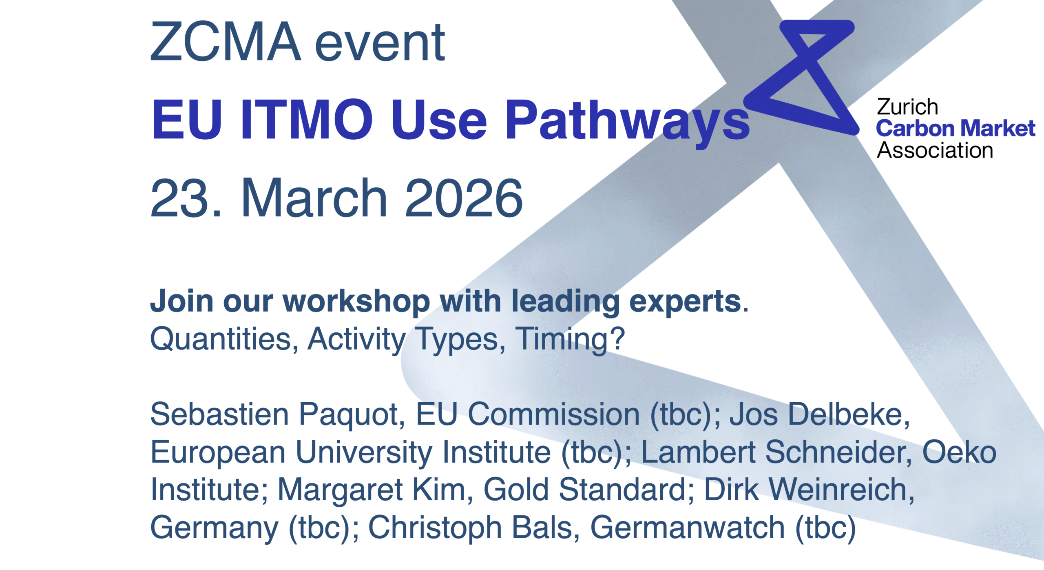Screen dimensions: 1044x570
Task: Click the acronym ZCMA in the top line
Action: coord(226,42)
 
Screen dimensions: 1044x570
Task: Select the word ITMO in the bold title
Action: coord(307,119)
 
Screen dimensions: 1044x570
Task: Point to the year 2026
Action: coord(464,198)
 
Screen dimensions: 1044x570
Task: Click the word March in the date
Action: coord(314,198)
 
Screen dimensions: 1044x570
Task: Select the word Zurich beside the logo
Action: coord(907,107)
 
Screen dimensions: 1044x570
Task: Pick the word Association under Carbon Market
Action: coord(935,150)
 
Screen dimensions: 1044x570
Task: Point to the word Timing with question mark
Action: coord(570,339)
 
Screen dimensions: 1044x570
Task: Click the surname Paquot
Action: coord(352,415)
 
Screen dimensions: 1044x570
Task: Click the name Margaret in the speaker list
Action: coord(340,490)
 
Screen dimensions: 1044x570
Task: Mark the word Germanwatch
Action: coord(688,528)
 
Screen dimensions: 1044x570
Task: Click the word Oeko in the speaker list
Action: coord(960,452)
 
